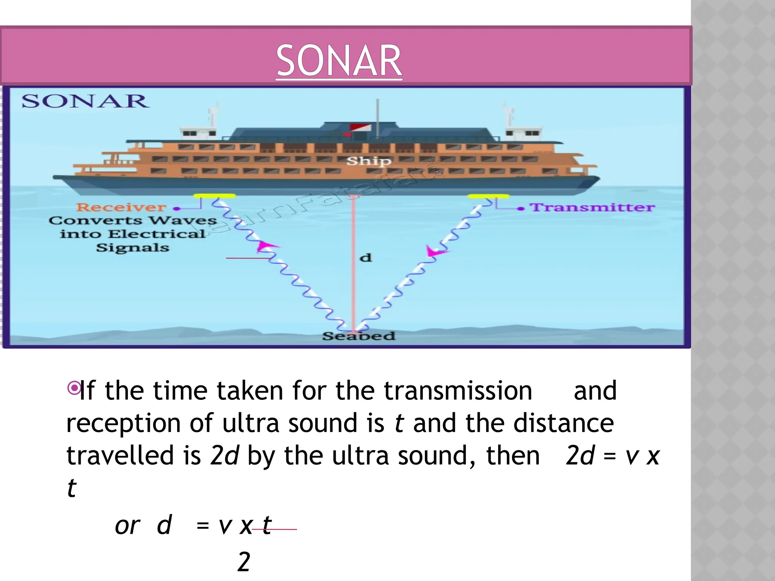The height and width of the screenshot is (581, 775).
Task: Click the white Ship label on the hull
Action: click(369, 161)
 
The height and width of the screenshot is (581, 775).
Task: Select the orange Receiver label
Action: click(121, 207)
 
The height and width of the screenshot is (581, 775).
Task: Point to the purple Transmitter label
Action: click(592, 207)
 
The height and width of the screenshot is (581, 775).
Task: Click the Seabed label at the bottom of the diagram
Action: click(358, 336)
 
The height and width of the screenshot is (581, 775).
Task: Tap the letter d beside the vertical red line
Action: click(366, 258)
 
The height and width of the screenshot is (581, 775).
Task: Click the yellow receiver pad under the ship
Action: click(214, 196)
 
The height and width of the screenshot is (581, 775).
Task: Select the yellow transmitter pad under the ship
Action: click(488, 196)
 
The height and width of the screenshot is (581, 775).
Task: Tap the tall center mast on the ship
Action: click(377, 117)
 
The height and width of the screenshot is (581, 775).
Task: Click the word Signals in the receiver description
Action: click(132, 248)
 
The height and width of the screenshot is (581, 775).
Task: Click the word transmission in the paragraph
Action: click(458, 391)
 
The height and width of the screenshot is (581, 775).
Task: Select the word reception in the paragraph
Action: click(123, 424)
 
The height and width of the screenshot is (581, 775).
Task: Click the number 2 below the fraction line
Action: click(244, 562)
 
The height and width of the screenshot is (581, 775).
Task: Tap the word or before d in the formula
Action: click(128, 526)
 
